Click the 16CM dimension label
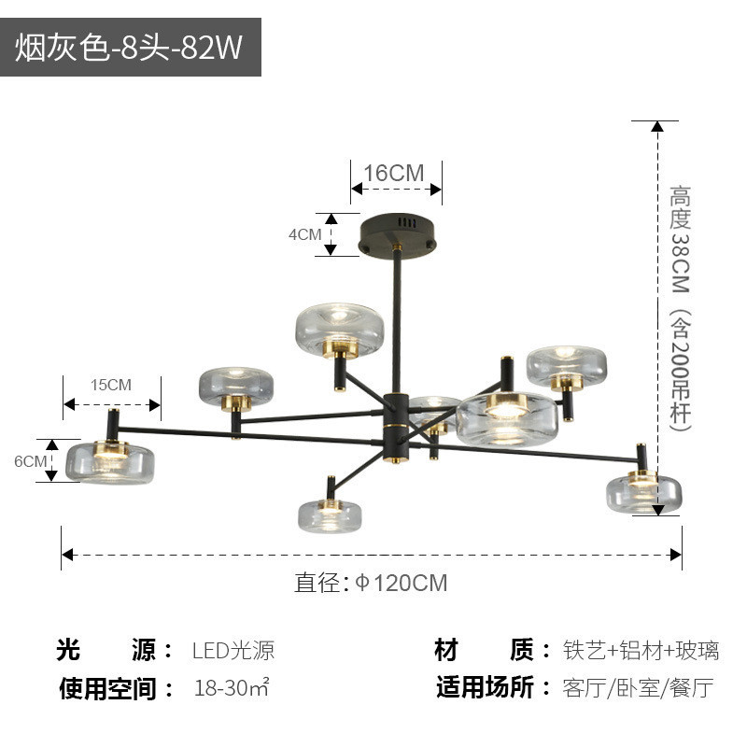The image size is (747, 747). pos(394,173)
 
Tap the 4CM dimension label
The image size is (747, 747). pos(304,234)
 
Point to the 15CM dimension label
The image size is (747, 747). pos(111,385)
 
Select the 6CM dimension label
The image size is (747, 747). pos(30,461)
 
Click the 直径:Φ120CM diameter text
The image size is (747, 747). pos(372,584)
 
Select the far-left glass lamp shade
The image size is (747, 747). pos(110,460)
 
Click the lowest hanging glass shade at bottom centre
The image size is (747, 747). pos(331,514)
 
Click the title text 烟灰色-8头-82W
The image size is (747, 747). pos(129,49)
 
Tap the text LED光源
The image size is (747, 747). pos(233,651)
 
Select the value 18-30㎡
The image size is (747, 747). pos(232,690)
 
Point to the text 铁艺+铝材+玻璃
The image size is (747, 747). pos(641,651)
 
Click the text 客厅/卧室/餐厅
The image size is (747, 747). pos(639,690)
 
